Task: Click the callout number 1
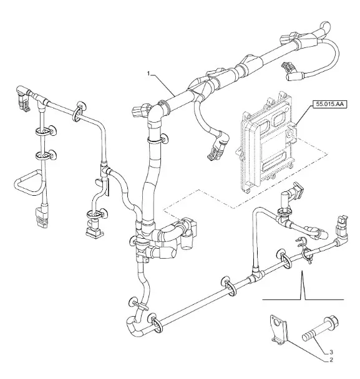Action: (148, 74)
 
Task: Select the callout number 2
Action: (331, 360)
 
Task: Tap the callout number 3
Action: (331, 352)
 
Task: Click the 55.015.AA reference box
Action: (330, 105)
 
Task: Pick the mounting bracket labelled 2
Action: (278, 329)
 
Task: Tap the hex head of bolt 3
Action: (332, 322)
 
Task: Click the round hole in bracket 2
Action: (276, 323)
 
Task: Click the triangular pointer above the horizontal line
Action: (302, 285)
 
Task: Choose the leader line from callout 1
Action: (163, 85)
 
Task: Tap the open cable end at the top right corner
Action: (325, 25)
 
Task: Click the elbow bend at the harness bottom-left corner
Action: (132, 326)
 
